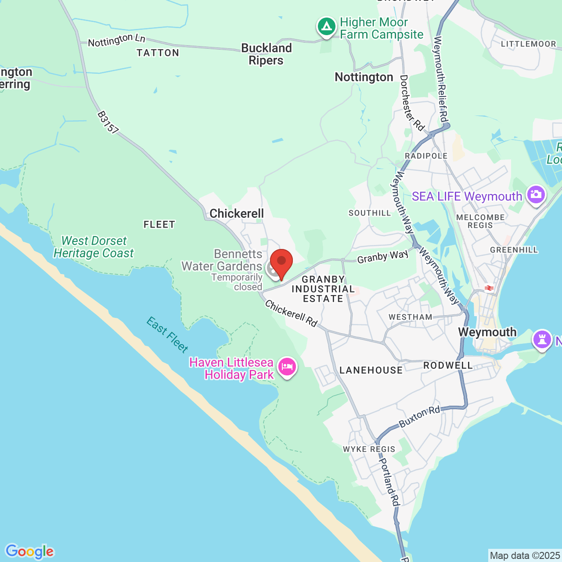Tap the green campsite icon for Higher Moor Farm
326,27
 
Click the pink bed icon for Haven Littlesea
287,367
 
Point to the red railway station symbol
489,288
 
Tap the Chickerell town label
237,214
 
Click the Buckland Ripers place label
266,54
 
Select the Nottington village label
364,77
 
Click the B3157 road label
108,122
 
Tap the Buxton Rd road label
419,417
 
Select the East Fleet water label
167,335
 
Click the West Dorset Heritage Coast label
94,247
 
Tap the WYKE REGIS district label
369,449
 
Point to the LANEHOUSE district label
371,371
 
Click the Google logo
29,551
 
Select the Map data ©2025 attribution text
525,556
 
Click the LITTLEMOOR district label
529,44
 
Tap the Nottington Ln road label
116,40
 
